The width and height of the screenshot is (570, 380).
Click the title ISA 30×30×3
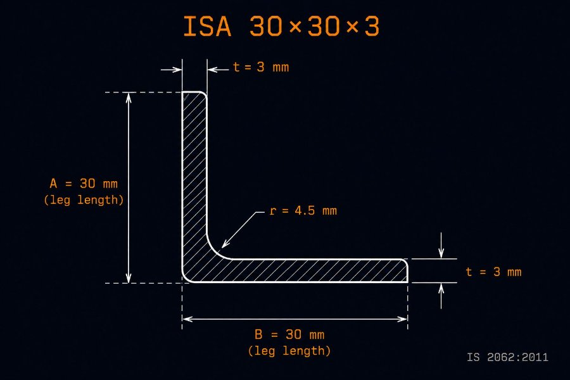pos(281,26)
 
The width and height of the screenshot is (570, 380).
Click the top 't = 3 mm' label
pos(261,67)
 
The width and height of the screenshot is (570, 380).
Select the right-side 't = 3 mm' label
pos(493,272)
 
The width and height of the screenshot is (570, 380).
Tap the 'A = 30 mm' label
pos(84,183)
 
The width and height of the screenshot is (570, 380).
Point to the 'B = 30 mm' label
pos(289,334)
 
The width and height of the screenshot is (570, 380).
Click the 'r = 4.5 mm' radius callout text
pos(303,210)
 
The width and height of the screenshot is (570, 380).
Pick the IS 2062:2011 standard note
pos(507,357)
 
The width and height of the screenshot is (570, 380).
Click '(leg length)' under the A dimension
pos(84,200)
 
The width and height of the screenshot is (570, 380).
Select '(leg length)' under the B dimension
pos(289,351)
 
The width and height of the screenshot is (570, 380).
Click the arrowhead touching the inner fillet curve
pos(225,244)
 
